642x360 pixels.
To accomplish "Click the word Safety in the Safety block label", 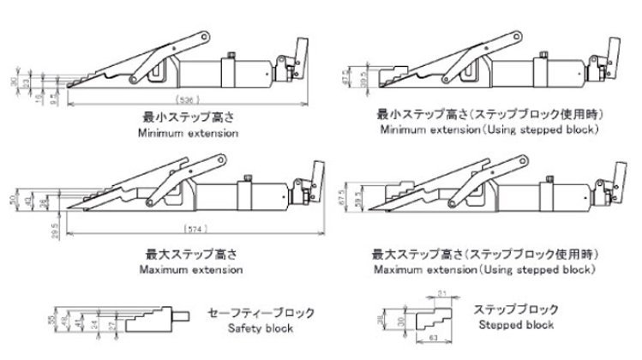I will coord(240,329).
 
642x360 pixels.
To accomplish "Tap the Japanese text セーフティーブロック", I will coord(261,313).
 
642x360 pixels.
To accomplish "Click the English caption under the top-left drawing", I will coord(189,134).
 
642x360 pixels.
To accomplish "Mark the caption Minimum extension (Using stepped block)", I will coord(489,129).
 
